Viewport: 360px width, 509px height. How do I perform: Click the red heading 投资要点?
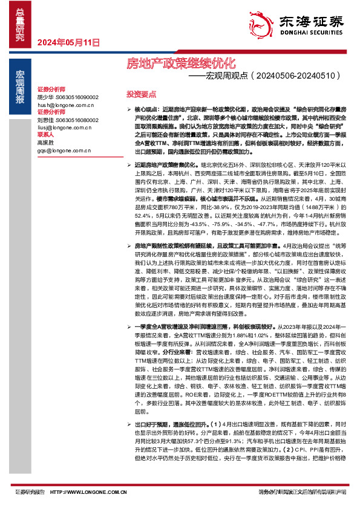coord(141,94)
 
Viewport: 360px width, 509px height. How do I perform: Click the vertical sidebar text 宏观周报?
coord(21,85)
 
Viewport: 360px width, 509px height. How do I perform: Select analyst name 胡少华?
coord(45,97)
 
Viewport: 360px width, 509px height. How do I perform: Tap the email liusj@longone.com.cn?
coord(62,127)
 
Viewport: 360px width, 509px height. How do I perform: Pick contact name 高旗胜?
coord(45,142)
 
